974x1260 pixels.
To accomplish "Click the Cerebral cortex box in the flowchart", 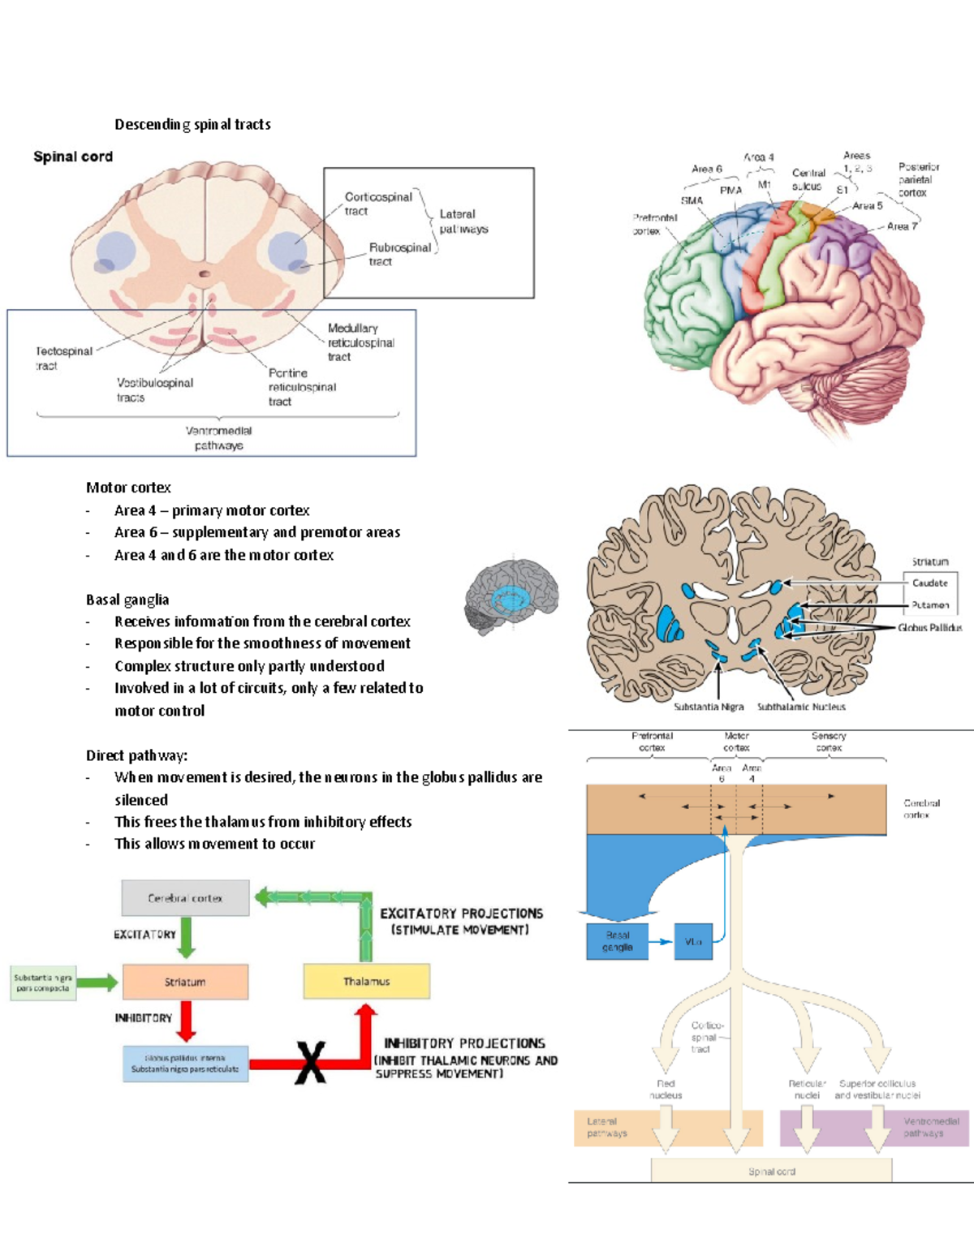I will pyautogui.click(x=185, y=898).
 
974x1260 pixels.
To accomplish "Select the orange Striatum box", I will pyautogui.click(x=185, y=982).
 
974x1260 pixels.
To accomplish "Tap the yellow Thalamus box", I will pyautogui.click(x=366, y=982).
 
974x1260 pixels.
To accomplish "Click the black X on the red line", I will pyautogui.click(x=310, y=1063).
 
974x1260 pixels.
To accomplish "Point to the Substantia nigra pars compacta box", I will pyautogui.click(x=43, y=983).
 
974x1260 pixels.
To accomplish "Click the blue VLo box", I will pyautogui.click(x=693, y=942).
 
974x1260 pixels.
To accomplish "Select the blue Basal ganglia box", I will pyautogui.click(x=617, y=941).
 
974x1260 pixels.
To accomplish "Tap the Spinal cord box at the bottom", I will pyautogui.click(x=771, y=1171).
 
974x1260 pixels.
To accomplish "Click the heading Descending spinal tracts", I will pyautogui.click(x=192, y=124).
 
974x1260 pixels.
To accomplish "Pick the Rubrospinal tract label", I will pyautogui.click(x=399, y=254).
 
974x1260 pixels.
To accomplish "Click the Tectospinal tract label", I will pyautogui.click(x=63, y=358).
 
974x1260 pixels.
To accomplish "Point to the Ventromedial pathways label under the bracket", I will pyautogui.click(x=218, y=438).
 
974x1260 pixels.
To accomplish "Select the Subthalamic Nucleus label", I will pyautogui.click(x=800, y=707).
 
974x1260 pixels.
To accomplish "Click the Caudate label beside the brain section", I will pyautogui.click(x=929, y=583).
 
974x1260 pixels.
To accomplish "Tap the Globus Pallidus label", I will pyautogui.click(x=929, y=627).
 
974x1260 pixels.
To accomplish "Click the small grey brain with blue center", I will pyautogui.click(x=511, y=596).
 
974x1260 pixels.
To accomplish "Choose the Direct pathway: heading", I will pyautogui.click(x=136, y=755).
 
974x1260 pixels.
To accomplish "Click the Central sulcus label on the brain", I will pyautogui.click(x=808, y=179).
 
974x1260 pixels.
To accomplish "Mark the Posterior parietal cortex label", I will pyautogui.click(x=917, y=179).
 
